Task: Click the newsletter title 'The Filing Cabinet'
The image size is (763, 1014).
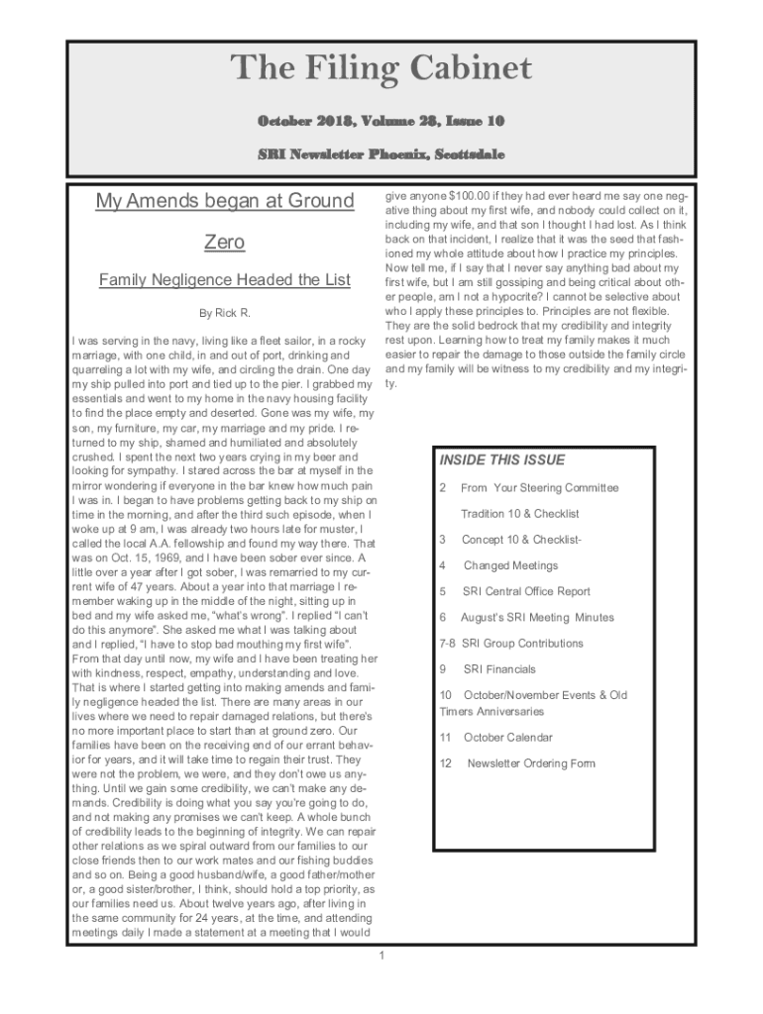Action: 381,69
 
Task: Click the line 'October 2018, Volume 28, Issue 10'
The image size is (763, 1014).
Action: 381,122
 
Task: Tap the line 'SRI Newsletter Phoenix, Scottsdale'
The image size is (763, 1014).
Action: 381,155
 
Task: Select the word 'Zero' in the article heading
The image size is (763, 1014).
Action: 224,242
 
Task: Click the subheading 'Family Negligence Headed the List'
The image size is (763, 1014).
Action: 224,280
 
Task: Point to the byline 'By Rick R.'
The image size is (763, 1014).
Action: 224,314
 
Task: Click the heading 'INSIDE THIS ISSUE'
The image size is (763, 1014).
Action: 501,459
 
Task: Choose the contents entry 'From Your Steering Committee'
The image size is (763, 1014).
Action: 539,487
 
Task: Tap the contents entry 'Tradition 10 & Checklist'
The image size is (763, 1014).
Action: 519,513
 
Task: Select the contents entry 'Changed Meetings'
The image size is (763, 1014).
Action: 510,565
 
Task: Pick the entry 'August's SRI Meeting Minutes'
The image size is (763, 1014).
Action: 537,617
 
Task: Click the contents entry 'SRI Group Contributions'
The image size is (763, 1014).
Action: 522,643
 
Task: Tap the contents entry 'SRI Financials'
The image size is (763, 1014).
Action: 499,669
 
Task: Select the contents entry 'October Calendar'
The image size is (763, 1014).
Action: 507,737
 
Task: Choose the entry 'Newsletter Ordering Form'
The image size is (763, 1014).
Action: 531,763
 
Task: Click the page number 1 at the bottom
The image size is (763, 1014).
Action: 381,955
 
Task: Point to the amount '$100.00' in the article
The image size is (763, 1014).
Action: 468,196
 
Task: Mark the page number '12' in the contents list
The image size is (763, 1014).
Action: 446,763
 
